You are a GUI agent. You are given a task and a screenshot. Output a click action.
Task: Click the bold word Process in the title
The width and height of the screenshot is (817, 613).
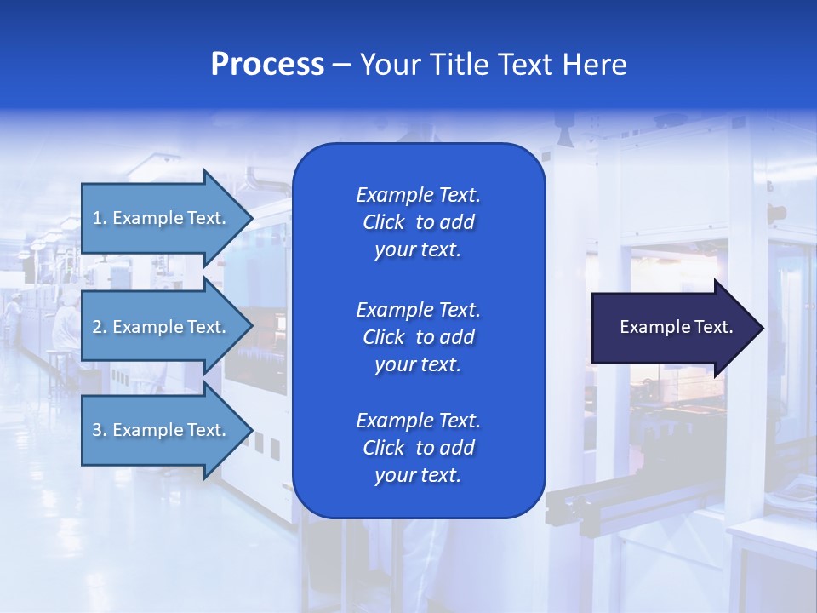pos(267,65)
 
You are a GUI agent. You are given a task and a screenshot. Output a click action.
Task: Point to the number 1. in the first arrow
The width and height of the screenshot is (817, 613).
pos(100,218)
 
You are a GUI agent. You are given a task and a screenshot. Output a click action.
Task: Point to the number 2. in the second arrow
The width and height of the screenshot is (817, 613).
pos(100,327)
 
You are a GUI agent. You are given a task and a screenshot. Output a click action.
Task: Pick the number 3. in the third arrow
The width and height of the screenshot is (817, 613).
pos(100,430)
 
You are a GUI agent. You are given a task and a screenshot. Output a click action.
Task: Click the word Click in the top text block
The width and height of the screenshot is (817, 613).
pos(384,222)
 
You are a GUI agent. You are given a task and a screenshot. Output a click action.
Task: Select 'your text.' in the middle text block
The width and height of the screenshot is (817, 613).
pos(418,364)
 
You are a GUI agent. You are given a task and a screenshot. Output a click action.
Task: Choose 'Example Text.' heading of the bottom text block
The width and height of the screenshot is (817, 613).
pos(418,421)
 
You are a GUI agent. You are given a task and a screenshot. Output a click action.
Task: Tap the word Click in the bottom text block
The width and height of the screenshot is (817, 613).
pos(384,448)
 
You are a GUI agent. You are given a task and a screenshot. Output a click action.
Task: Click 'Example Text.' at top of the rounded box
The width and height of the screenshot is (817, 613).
pos(418,195)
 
